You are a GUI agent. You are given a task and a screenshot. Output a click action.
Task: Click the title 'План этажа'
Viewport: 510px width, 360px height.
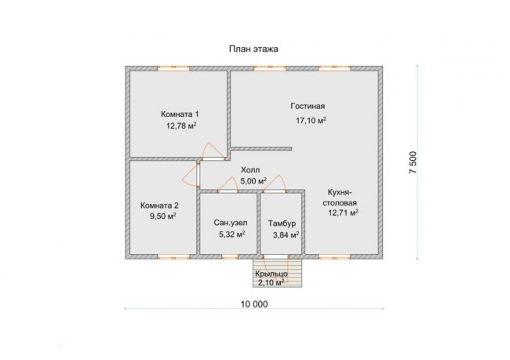[253, 49]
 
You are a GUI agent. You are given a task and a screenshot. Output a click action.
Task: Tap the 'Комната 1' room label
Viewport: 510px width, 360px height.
[180, 115]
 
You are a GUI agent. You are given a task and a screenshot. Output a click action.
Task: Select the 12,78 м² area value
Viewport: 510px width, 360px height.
[181, 125]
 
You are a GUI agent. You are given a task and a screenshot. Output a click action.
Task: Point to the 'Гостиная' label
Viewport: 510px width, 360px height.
[308, 106]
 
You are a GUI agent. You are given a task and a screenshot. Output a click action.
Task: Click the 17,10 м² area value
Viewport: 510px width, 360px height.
[311, 120]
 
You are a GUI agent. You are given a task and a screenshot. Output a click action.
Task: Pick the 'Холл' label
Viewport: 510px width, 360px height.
[250, 169]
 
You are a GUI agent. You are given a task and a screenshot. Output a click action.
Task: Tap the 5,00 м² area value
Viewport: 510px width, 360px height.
[253, 181]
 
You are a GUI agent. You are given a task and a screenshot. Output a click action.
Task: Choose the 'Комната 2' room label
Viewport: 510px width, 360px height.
[159, 205]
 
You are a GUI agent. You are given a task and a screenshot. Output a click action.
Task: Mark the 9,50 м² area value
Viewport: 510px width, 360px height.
[163, 216]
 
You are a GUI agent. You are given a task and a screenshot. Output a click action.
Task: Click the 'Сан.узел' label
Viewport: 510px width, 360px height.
[230, 223]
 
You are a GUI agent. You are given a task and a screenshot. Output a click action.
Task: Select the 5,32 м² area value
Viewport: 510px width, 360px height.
[232, 235]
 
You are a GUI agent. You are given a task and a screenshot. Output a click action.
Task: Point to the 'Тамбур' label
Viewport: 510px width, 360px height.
[282, 224]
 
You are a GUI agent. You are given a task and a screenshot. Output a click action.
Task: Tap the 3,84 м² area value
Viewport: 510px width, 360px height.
[286, 235]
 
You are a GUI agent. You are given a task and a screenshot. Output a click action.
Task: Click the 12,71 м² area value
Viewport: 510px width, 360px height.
[343, 213]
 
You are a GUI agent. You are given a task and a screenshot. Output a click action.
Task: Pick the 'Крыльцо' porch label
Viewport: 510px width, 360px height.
[271, 274]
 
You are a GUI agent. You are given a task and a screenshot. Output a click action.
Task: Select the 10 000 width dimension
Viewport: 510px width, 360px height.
[254, 304]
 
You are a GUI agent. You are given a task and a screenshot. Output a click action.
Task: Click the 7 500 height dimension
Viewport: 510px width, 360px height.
[413, 162]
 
